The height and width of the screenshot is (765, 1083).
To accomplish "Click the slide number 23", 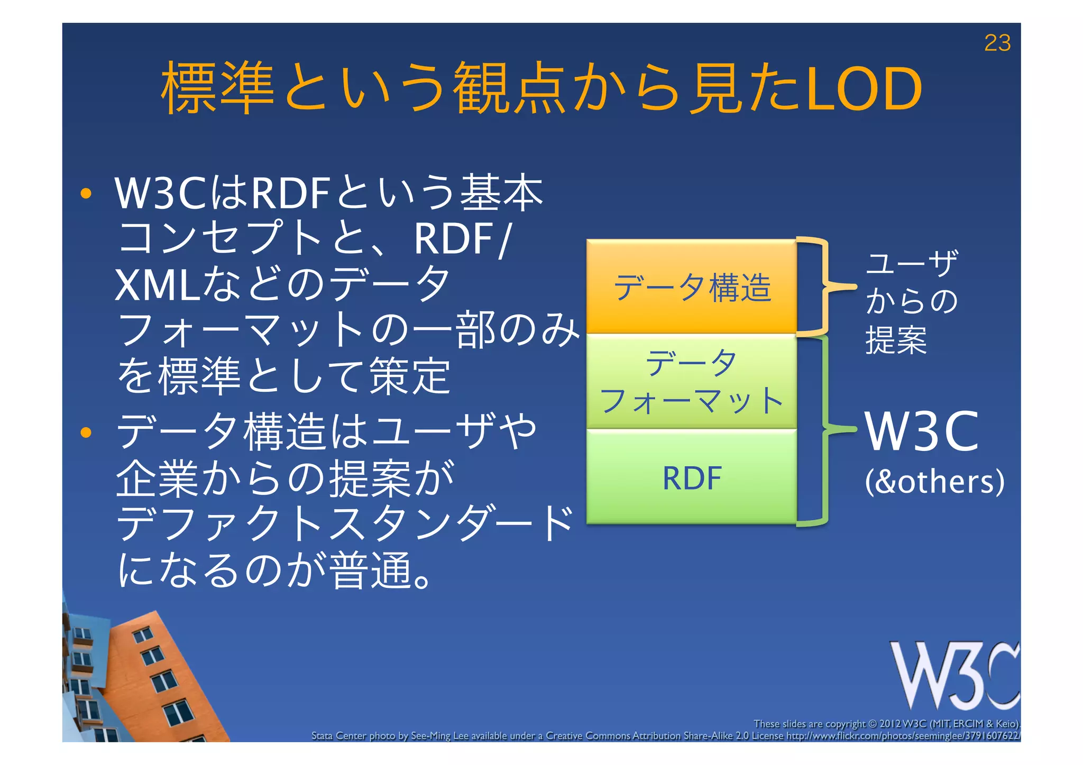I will tap(997, 43).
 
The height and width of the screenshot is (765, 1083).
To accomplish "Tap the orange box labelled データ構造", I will tap(692, 287).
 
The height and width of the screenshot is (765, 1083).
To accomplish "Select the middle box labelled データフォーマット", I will tap(692, 381).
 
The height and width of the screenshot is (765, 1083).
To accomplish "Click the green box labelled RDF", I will tap(692, 477).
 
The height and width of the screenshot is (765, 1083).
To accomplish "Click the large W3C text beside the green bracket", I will tap(921, 432).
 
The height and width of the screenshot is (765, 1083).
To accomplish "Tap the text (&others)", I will tap(934, 481).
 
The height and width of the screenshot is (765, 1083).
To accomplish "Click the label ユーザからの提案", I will tap(911, 301).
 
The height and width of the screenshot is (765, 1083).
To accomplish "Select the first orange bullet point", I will tap(86, 194).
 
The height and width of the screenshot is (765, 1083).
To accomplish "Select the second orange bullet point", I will tap(86, 433).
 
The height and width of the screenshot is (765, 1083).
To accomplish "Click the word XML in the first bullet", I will tap(157, 285).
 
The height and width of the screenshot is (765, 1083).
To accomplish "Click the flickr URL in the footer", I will tap(902, 736).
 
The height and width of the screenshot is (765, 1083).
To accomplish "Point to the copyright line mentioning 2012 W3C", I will tap(886, 724).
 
